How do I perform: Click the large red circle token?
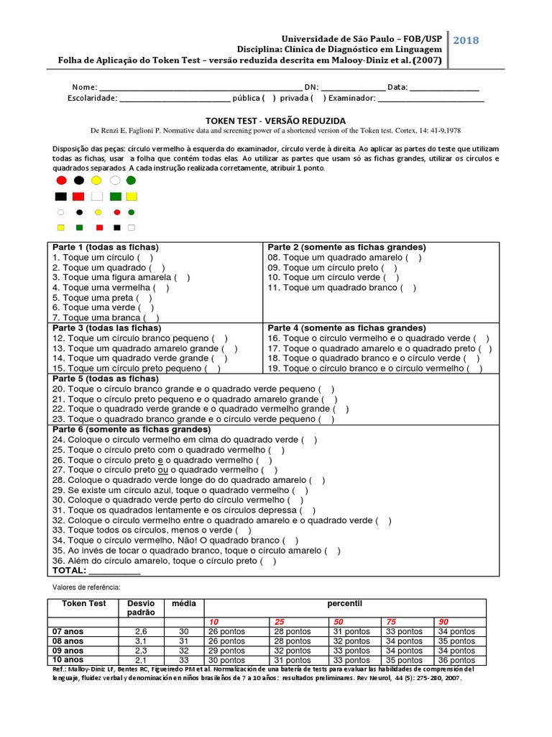click(61, 180)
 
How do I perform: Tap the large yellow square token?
click(132, 196)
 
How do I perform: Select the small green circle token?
click(131, 212)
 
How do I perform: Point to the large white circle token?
click(114, 180)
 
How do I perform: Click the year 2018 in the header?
click(466, 40)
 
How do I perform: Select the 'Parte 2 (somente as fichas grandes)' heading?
click(346, 247)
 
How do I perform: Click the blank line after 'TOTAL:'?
click(114, 571)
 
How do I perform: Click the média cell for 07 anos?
click(183, 631)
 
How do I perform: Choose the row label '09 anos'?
click(68, 650)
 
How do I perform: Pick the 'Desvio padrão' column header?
click(141, 607)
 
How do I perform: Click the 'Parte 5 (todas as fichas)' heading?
click(105, 378)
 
